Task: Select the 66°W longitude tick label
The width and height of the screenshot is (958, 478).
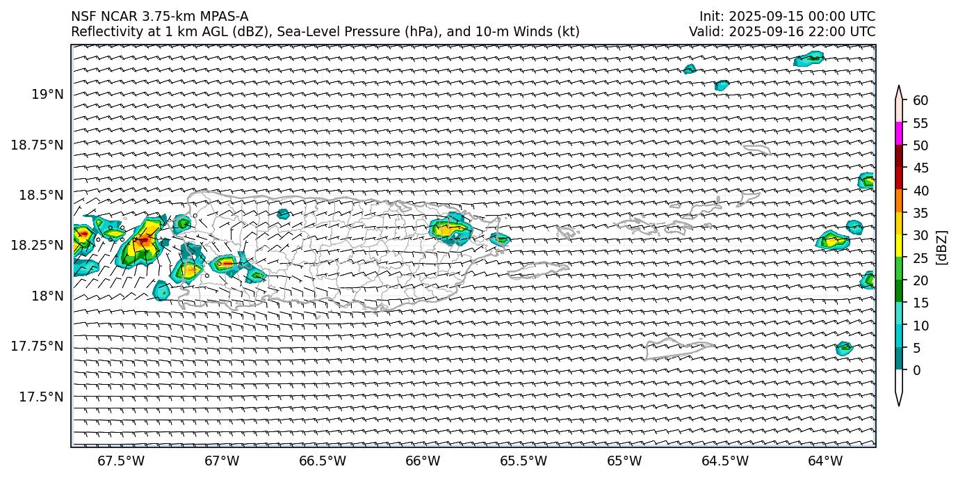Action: pos(423,461)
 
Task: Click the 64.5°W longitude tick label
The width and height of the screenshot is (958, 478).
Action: pos(724,461)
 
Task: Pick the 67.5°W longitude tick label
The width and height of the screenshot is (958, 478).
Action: pos(120,461)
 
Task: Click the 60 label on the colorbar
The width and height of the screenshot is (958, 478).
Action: pos(920,101)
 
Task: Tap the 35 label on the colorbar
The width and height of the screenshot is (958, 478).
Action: pos(920,213)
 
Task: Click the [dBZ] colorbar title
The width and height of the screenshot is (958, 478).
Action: pos(943,247)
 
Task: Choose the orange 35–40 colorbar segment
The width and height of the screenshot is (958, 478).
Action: pos(899,201)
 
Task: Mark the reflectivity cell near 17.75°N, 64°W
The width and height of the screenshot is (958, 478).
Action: pos(844,348)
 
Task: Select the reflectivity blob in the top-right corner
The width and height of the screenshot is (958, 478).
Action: pos(809,58)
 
